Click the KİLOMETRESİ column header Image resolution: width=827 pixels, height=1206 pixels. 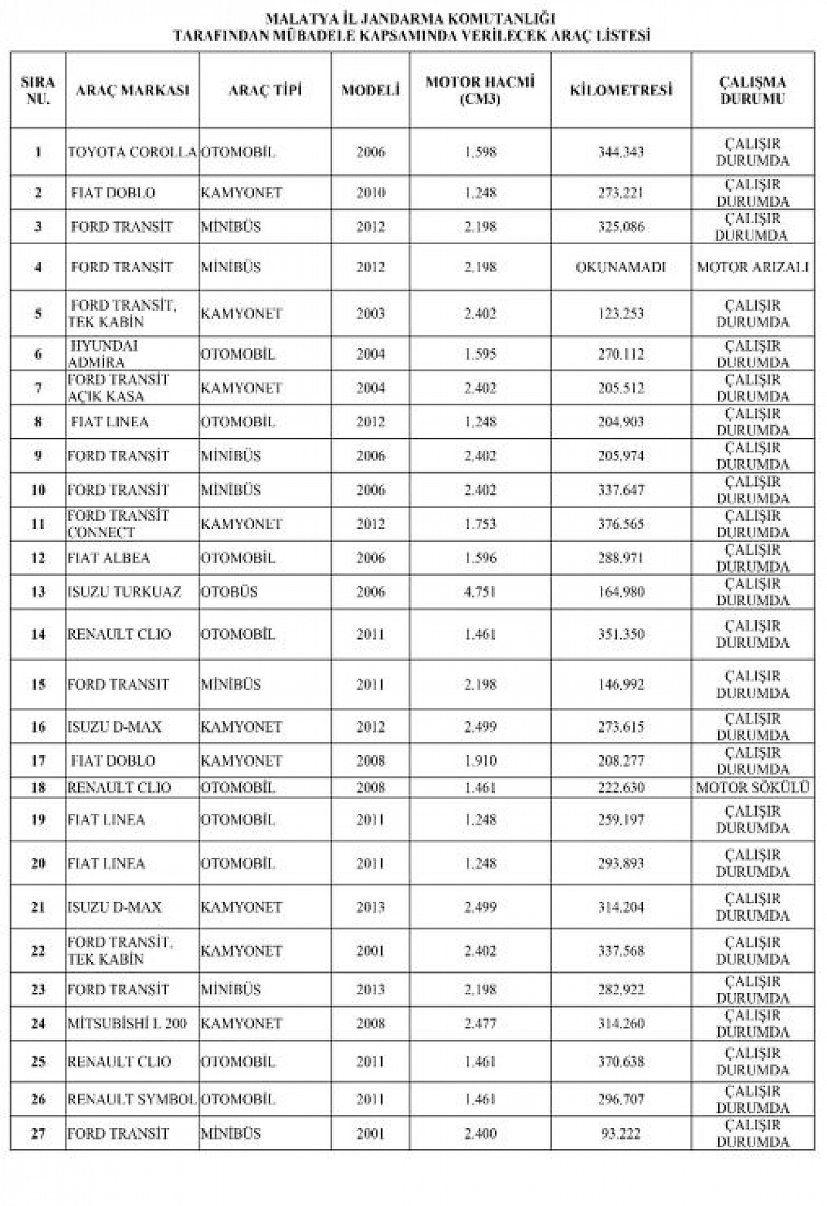point(620,90)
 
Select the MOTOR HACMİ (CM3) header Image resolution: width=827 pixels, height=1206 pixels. point(479,90)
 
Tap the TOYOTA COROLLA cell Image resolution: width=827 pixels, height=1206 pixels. point(132,152)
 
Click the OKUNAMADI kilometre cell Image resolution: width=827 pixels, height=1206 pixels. point(620,267)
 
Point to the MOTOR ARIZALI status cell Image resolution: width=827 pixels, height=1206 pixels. point(753,267)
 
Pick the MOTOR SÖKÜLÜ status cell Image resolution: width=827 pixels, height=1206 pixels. point(753,787)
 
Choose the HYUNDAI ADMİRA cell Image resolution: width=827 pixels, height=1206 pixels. point(103,354)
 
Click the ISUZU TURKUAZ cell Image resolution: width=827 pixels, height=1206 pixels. point(124,592)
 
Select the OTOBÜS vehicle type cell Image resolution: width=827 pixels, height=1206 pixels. point(229,592)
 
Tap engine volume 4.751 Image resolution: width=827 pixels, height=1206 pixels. point(479,592)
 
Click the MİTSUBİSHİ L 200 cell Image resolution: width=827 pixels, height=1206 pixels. point(127,1023)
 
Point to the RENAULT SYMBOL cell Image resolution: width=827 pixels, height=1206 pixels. point(132,1099)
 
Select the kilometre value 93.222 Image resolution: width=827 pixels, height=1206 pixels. point(620,1134)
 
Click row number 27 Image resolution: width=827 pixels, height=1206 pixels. point(38,1134)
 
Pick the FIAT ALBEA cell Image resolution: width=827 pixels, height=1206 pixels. point(109,558)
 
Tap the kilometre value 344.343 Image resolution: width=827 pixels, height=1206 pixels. point(620,152)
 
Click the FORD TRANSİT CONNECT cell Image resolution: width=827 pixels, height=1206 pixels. point(118,524)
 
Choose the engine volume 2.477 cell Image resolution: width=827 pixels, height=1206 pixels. point(479,1023)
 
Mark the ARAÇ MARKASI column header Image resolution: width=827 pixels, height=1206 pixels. point(132,90)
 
